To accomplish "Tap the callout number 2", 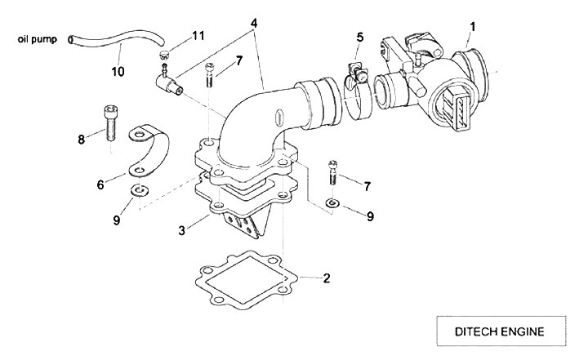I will (327, 278).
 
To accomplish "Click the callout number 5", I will (359, 37).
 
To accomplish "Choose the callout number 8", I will (81, 140).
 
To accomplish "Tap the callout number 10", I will (118, 72).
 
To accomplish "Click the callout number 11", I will (197, 37).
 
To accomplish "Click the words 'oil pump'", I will (36, 38).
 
